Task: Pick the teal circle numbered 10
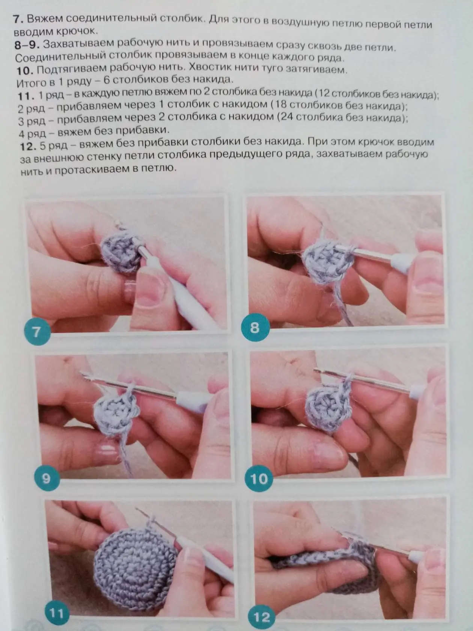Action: [259, 479]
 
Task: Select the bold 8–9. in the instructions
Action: [27, 45]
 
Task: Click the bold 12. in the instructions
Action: [28, 146]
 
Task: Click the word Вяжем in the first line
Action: [45, 19]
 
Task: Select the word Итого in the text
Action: [32, 83]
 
